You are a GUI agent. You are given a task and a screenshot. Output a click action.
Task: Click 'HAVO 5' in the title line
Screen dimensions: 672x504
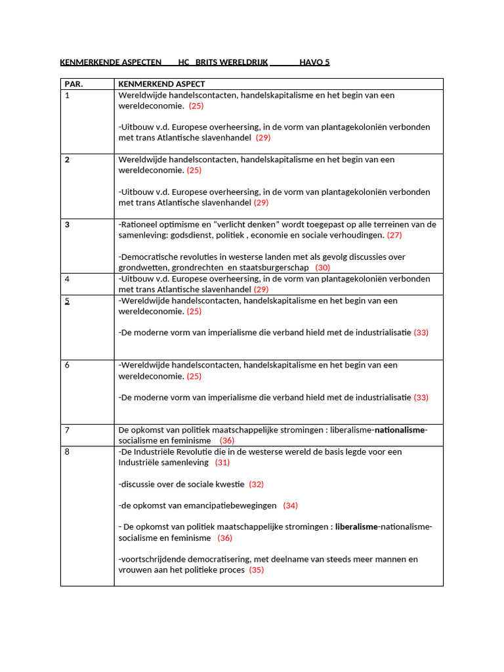[x=314, y=62]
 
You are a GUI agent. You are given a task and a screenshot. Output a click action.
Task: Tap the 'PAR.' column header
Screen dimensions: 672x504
[x=74, y=84]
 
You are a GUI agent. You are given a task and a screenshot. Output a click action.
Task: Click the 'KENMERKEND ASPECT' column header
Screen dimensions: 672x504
[x=161, y=84]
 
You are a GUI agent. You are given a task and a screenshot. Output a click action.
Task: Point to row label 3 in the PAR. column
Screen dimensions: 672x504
[x=67, y=224]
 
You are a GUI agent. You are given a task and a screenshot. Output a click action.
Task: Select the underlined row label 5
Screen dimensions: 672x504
[x=67, y=301]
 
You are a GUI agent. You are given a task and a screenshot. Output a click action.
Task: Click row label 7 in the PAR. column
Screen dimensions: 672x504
[x=67, y=430]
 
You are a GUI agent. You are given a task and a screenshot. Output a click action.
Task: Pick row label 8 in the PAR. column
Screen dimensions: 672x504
[x=67, y=452]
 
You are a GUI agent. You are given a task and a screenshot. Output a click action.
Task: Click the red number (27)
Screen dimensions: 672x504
[x=394, y=235]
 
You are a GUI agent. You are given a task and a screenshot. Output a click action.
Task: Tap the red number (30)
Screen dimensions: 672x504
[x=322, y=268]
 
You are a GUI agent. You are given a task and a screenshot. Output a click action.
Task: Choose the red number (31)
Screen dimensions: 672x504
[x=222, y=463]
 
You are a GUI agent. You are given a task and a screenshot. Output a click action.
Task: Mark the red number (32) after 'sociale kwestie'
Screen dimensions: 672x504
[x=256, y=484]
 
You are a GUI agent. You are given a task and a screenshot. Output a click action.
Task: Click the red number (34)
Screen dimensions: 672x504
[x=290, y=506]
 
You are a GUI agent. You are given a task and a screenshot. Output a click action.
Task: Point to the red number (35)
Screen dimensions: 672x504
[x=257, y=570]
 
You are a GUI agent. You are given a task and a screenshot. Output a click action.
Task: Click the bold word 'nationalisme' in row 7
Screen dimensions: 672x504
[x=400, y=430]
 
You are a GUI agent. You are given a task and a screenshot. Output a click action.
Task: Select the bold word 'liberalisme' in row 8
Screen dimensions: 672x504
[x=356, y=527]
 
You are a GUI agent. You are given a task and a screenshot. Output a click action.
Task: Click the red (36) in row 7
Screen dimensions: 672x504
[x=226, y=441]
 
